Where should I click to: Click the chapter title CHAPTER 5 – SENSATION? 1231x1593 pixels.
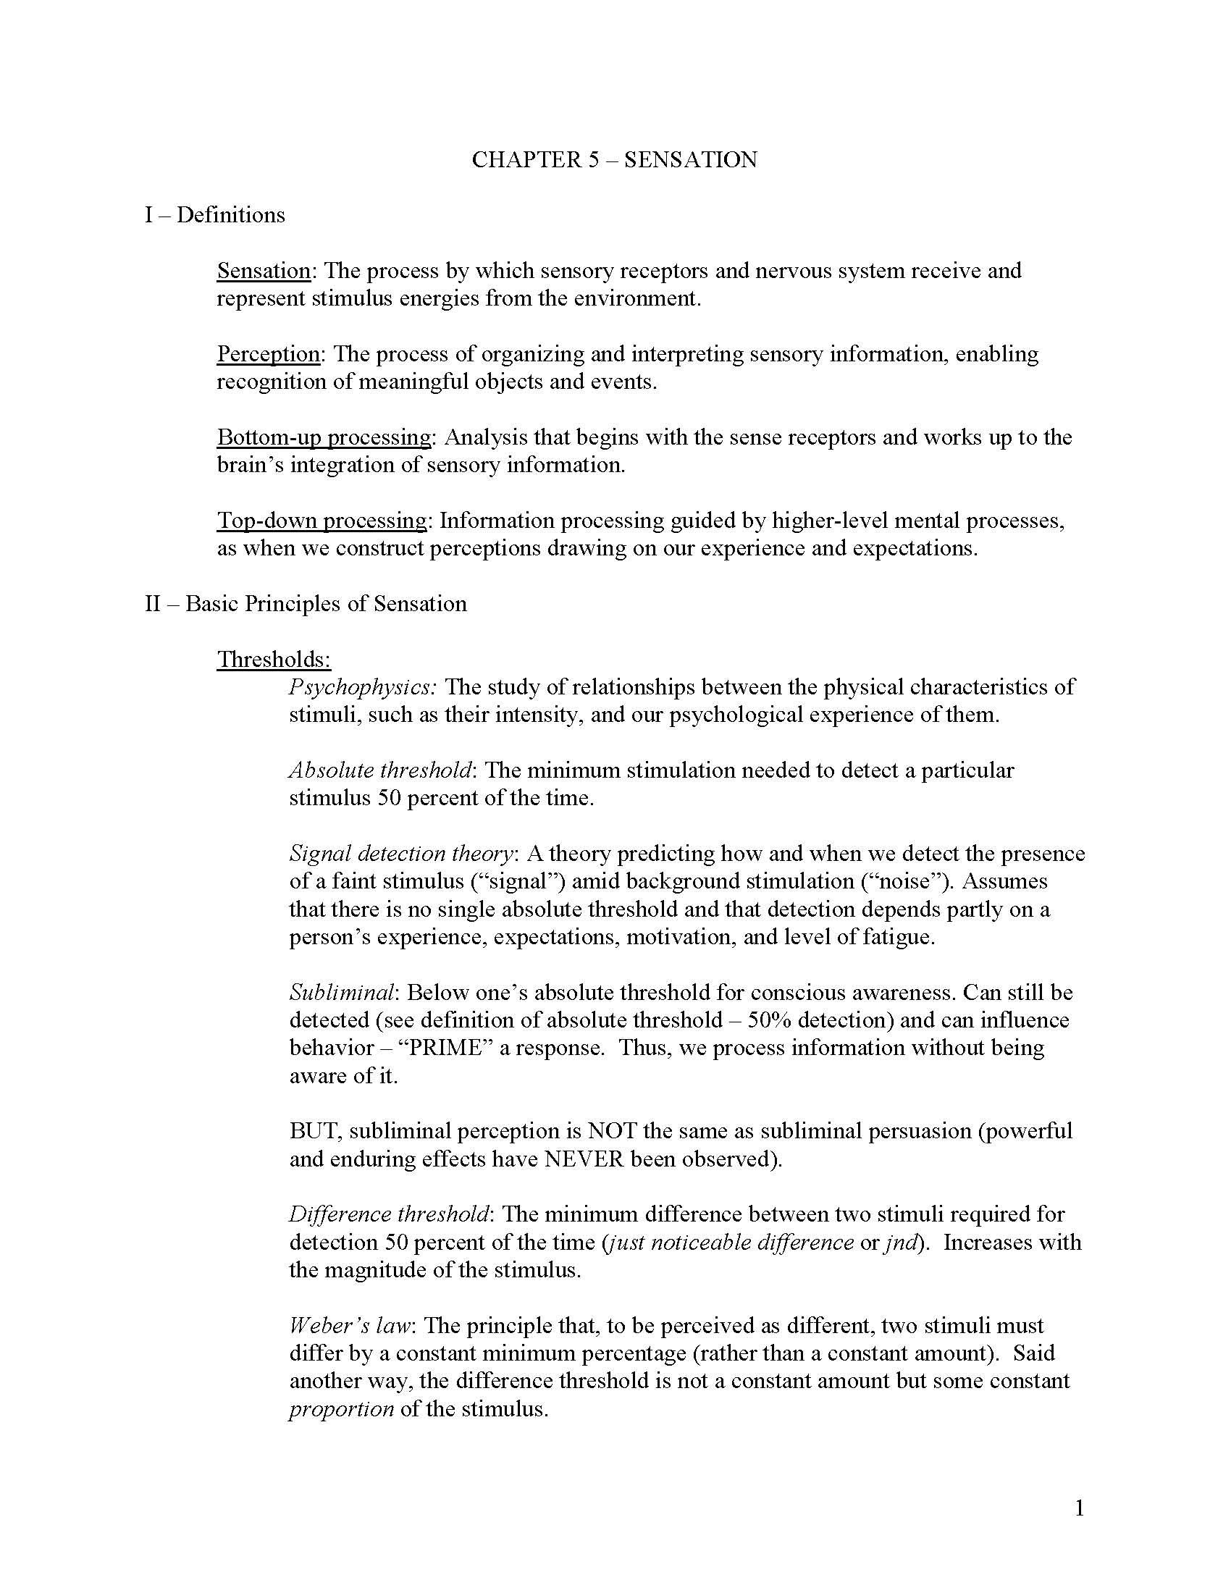(x=614, y=160)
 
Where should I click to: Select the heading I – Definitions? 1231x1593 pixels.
(x=214, y=215)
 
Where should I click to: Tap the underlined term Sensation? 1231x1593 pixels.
(x=264, y=271)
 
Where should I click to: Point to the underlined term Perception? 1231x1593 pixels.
(x=269, y=355)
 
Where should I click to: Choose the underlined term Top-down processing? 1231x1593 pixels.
(x=322, y=521)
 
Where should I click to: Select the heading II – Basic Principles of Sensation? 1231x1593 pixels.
(x=306, y=604)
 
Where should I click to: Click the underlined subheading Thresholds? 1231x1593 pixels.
(x=274, y=660)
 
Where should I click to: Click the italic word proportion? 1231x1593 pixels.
(x=341, y=1408)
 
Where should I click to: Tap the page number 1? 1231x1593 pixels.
(x=1080, y=1508)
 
